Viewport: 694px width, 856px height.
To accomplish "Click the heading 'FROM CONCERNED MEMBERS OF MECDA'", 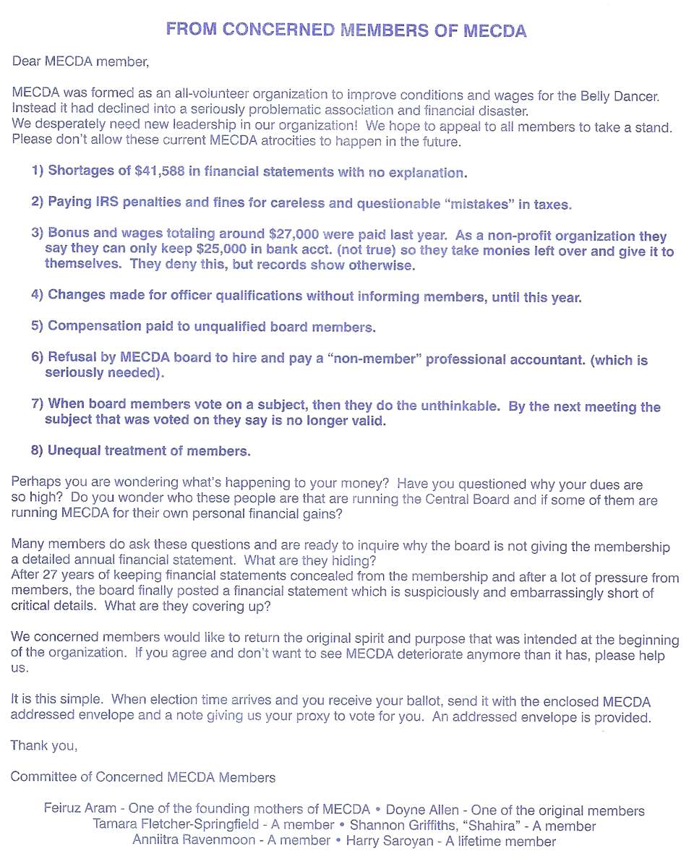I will coord(346,30).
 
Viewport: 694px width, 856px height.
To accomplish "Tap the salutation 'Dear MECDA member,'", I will coord(80,61).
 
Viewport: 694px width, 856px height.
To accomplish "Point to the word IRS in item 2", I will coord(106,202).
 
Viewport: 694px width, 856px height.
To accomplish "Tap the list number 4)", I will coord(38,295).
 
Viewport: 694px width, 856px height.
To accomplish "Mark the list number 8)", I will coord(38,450).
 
